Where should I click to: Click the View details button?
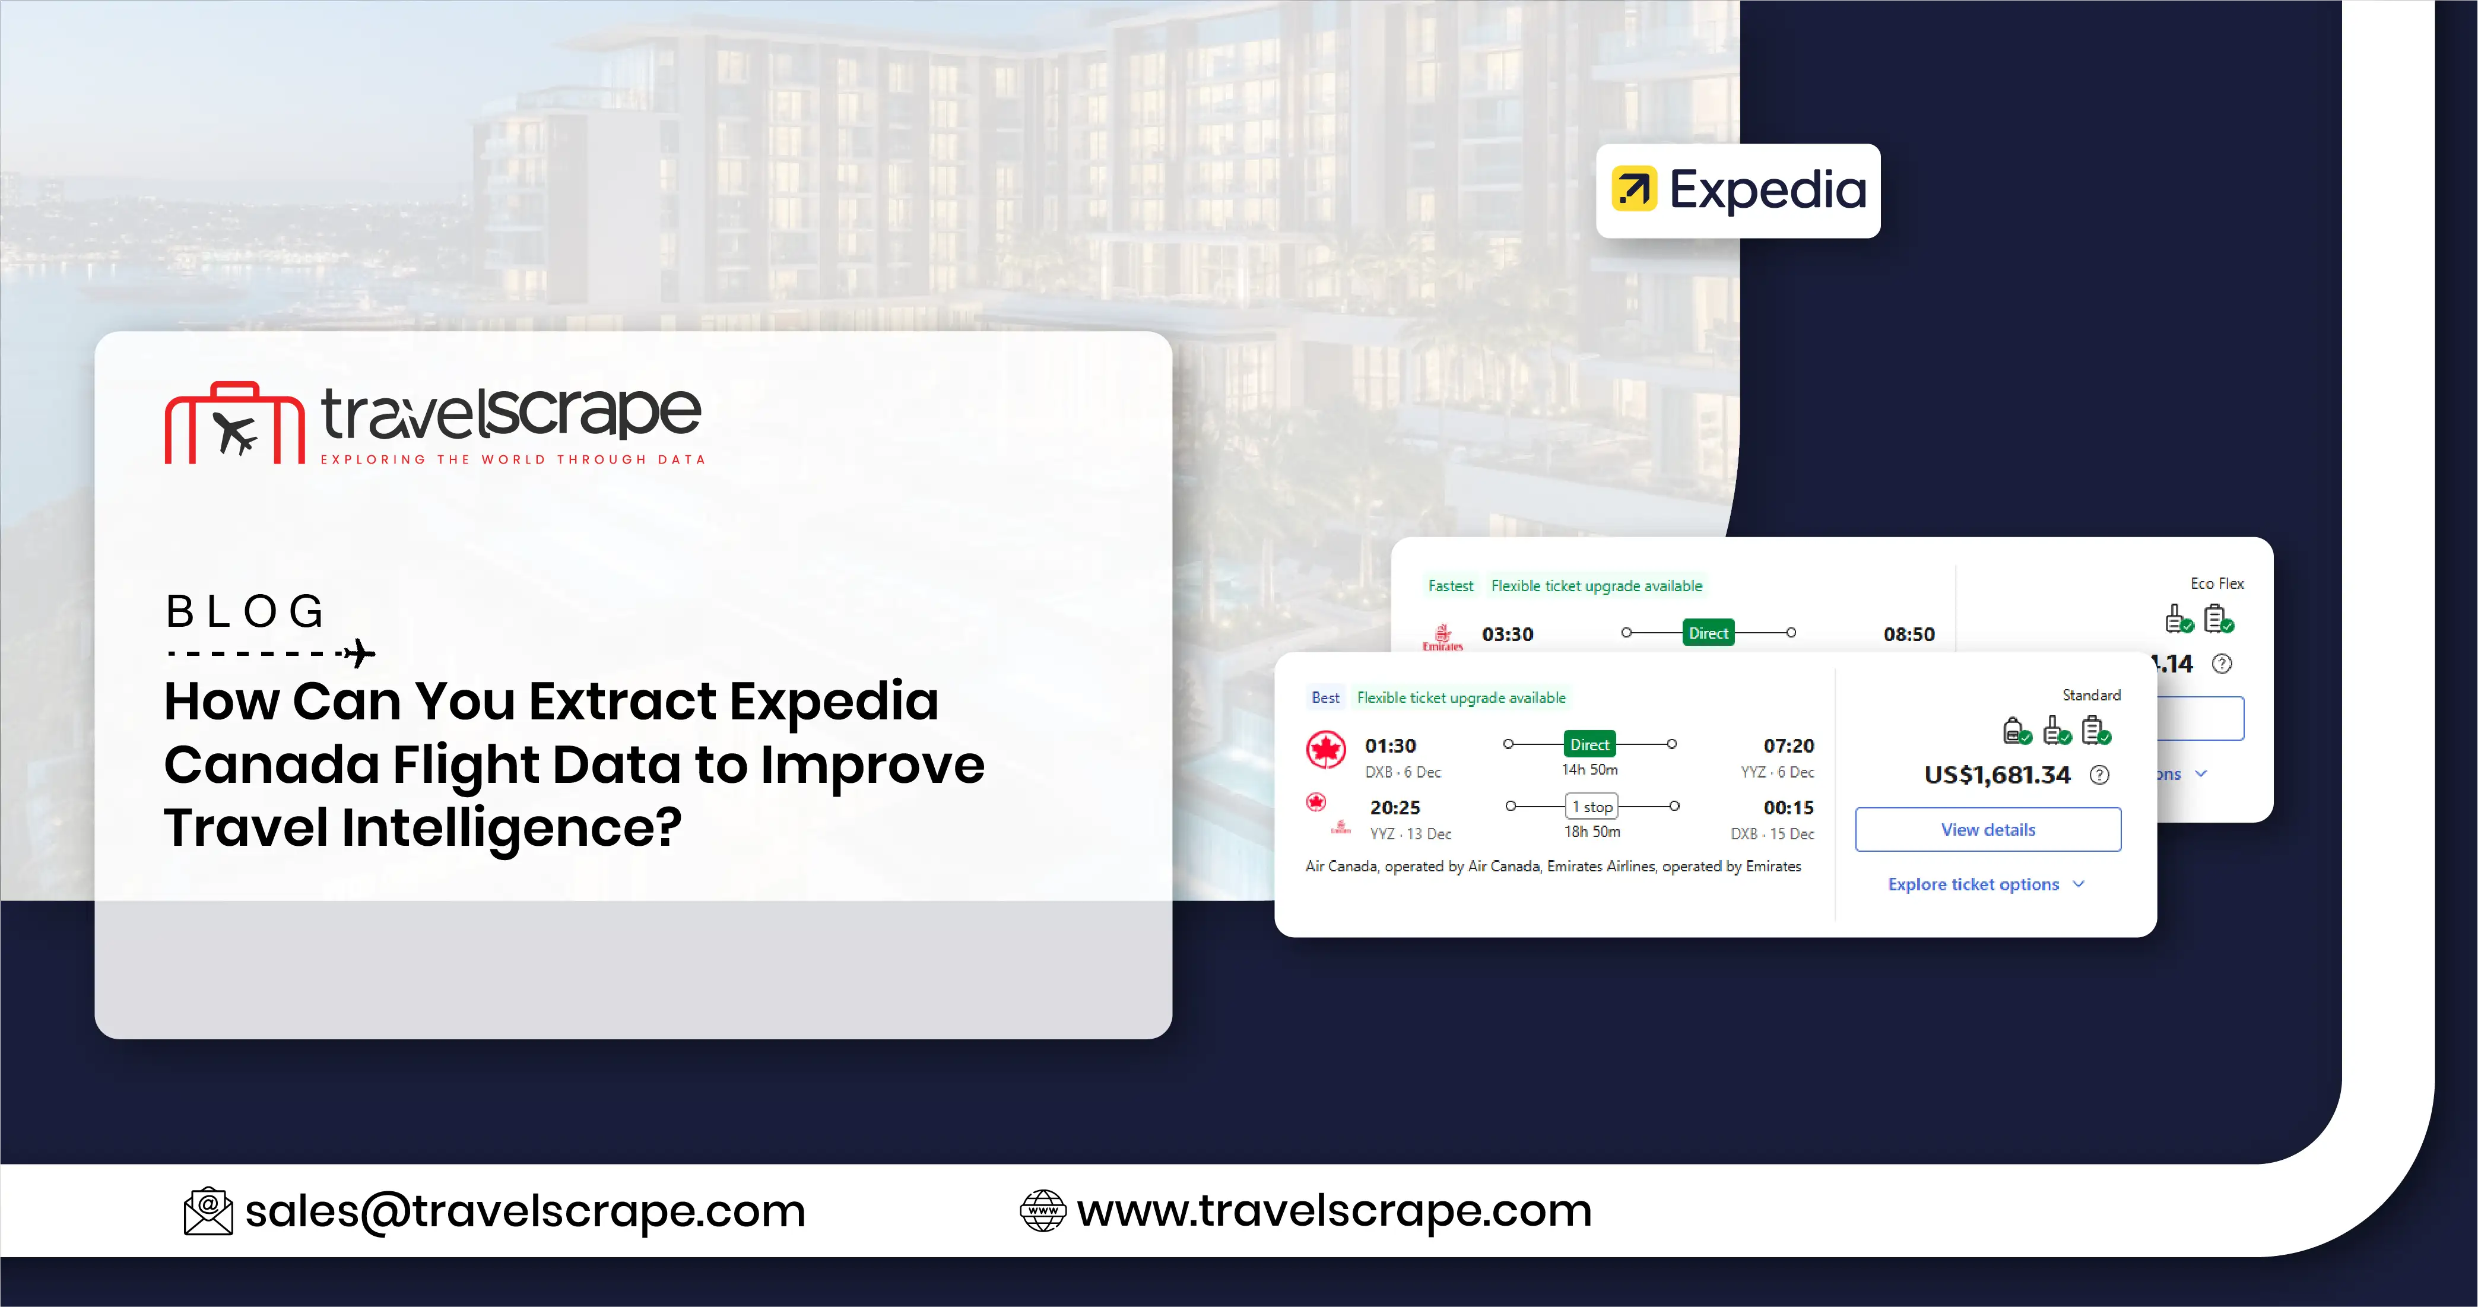(1987, 829)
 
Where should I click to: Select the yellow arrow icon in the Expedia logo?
(1633, 189)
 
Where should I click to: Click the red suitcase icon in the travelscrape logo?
(234, 424)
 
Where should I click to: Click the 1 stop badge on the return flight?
(1592, 806)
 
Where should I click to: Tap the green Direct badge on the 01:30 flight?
(1589, 744)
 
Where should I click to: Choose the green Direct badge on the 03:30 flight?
(1708, 633)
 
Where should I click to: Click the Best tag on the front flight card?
(1325, 697)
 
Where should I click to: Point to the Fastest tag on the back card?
(1449, 586)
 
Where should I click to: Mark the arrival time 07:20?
(1788, 746)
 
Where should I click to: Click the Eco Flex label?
(2216, 583)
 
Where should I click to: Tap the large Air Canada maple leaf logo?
(1325, 749)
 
